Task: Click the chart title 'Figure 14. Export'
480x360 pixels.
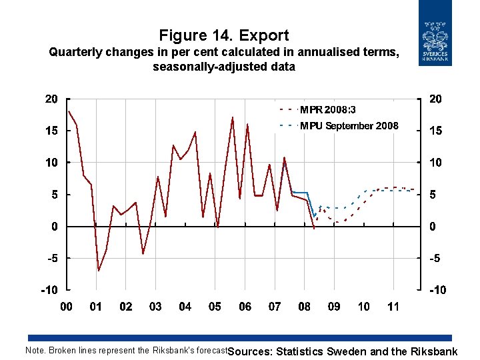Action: pos(224,35)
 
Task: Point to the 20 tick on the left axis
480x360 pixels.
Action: pos(51,99)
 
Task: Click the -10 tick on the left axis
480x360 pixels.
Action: pos(49,290)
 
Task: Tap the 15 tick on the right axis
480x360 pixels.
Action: pos(435,131)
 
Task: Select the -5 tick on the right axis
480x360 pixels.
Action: pos(435,259)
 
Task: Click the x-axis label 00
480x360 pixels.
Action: pos(67,307)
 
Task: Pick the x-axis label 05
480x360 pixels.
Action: pos(215,307)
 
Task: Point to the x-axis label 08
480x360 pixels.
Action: pos(304,307)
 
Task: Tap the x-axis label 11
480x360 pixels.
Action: pos(393,307)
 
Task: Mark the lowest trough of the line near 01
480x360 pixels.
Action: pos(99,271)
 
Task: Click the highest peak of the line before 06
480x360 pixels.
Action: pos(233,117)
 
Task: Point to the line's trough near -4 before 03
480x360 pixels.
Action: pos(143,254)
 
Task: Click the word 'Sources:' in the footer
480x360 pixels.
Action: pos(251,351)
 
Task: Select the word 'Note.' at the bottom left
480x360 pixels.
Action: pos(35,351)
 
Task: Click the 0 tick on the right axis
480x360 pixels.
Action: pos(433,227)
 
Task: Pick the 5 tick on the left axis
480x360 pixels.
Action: pos(54,195)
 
